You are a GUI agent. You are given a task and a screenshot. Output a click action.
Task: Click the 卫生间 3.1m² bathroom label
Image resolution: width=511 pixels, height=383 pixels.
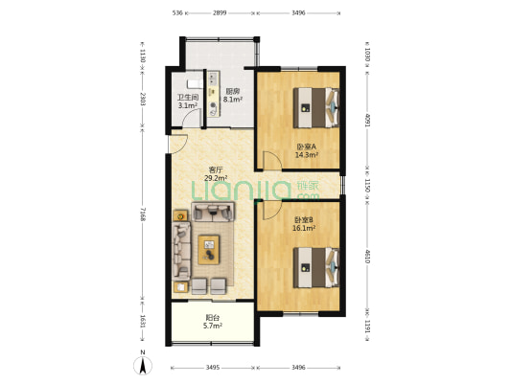pos(188,101)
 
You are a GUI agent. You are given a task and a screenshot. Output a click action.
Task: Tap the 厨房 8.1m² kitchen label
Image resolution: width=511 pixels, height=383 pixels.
pos(233,95)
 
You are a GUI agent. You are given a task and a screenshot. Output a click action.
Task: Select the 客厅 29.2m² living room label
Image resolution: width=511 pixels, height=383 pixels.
pos(216,173)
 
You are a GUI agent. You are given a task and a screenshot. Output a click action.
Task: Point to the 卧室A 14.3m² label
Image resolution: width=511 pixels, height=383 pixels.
pos(307,150)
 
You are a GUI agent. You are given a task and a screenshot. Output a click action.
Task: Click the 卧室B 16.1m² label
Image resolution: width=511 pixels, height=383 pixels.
pos(304,224)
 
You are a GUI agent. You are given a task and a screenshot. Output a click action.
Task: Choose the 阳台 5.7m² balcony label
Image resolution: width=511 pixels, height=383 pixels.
pos(213,322)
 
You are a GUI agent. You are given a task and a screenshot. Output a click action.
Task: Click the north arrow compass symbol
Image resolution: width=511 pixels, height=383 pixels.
pos(143,365)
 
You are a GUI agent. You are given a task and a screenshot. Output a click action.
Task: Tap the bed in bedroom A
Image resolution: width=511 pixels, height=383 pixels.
pos(315,107)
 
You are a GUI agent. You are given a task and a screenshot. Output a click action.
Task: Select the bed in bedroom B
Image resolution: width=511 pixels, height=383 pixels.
pos(315,267)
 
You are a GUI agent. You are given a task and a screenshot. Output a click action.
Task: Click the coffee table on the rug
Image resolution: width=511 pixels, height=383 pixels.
pos(209,250)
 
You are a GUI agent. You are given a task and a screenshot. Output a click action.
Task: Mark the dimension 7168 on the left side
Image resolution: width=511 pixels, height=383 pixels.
pos(143,213)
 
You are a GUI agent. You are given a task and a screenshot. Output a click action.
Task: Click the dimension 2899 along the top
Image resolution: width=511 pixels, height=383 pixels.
pos(220,13)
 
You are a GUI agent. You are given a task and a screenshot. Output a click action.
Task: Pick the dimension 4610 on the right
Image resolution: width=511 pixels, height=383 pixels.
pos(367,257)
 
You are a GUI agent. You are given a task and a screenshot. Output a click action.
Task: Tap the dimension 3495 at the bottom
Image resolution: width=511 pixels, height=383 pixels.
pos(213,368)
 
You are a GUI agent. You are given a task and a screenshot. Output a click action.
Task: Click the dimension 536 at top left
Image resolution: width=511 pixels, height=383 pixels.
pos(177,13)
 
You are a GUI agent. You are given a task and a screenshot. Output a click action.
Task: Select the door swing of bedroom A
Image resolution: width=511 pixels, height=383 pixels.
pos(272,161)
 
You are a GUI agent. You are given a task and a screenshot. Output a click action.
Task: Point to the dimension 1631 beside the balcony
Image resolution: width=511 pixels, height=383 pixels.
pos(143,321)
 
